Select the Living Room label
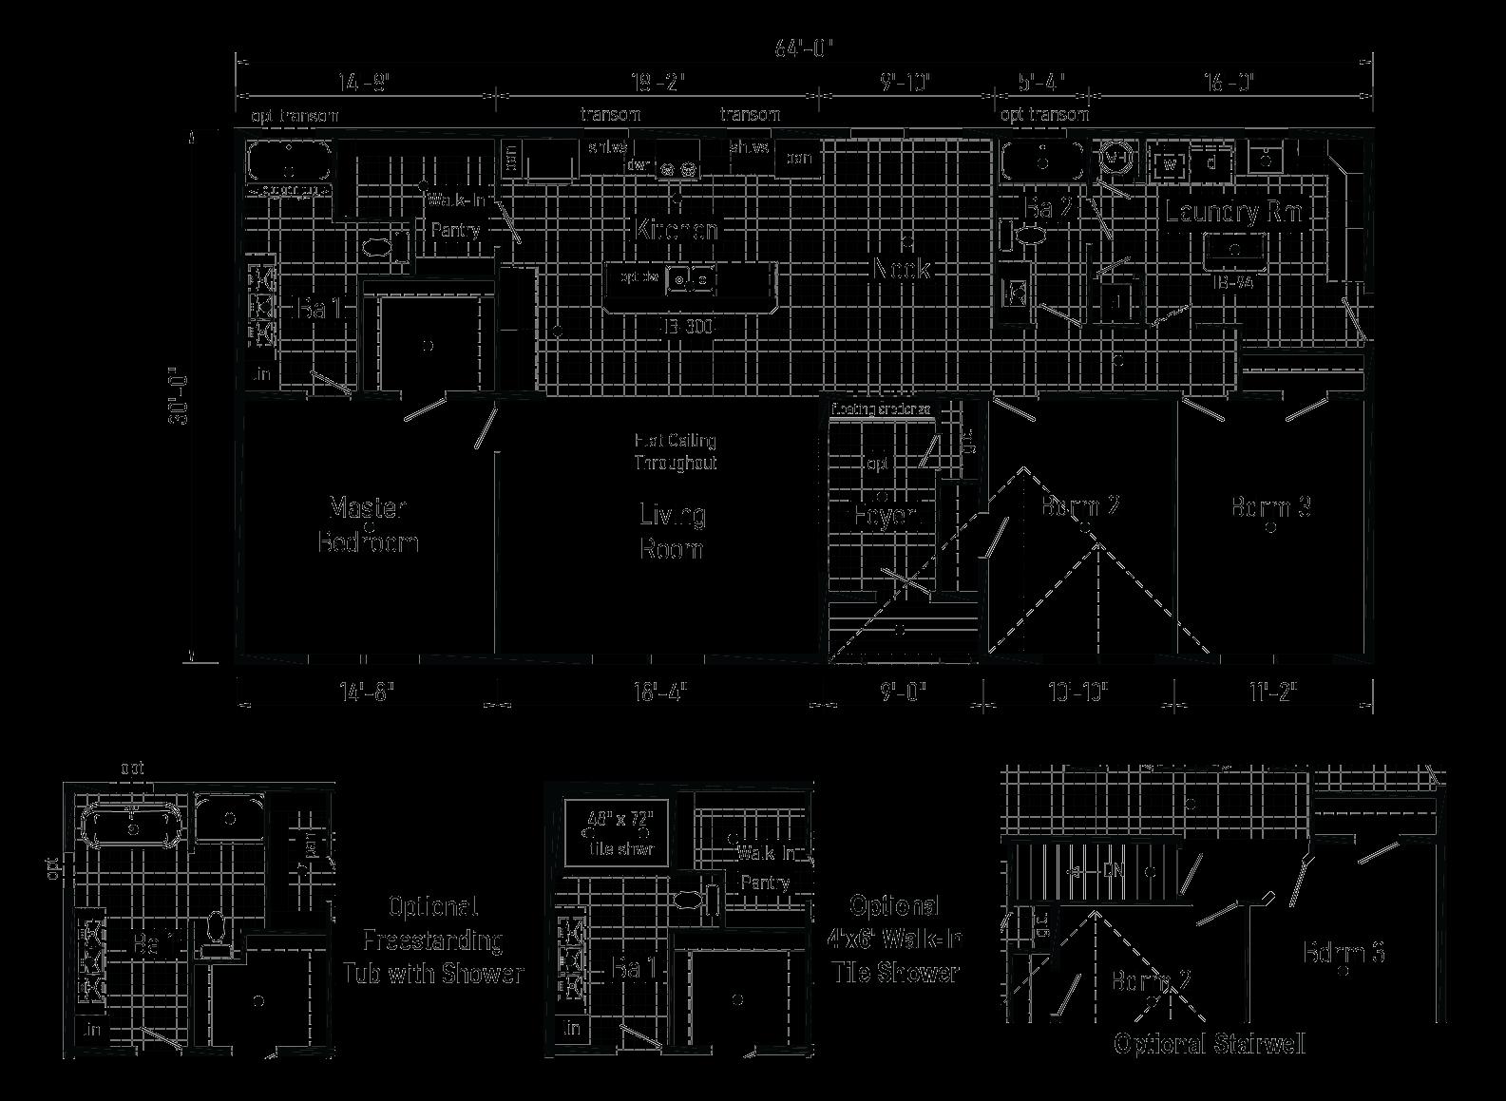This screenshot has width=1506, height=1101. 672,531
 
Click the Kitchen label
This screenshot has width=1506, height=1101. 677,229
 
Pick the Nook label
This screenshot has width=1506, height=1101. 901,269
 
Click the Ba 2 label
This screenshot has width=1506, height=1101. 1049,208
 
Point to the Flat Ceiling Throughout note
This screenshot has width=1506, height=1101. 676,451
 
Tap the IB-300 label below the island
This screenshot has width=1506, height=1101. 686,327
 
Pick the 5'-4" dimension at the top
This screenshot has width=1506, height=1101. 1039,83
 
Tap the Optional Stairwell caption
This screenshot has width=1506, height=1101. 1209,1045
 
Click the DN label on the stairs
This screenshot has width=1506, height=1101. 1113,870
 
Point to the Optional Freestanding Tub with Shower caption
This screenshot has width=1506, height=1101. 433,940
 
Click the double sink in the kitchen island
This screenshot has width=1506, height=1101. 691,279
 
